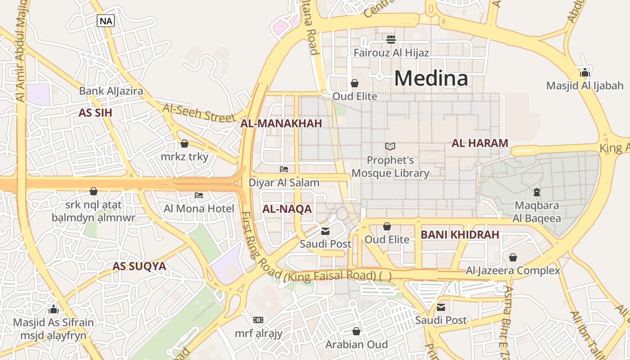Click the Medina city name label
(x=431, y=79)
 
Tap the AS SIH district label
(x=95, y=113)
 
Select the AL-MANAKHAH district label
(x=281, y=124)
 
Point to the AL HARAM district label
(x=480, y=144)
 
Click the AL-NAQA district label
(x=287, y=209)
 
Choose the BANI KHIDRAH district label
(x=460, y=234)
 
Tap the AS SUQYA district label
(x=139, y=266)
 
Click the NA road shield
(x=106, y=21)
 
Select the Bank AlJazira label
(x=111, y=91)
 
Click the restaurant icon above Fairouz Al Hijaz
(x=391, y=40)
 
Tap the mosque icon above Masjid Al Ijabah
(x=585, y=72)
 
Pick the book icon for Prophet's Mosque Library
(x=390, y=147)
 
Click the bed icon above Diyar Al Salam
(x=284, y=169)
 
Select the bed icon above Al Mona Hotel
(x=199, y=195)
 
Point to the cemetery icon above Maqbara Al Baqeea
(x=536, y=192)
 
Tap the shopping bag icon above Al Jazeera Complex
(x=513, y=257)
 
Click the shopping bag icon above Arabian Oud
(x=356, y=331)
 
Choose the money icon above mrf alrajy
(x=258, y=320)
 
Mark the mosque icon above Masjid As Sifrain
(x=54, y=309)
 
